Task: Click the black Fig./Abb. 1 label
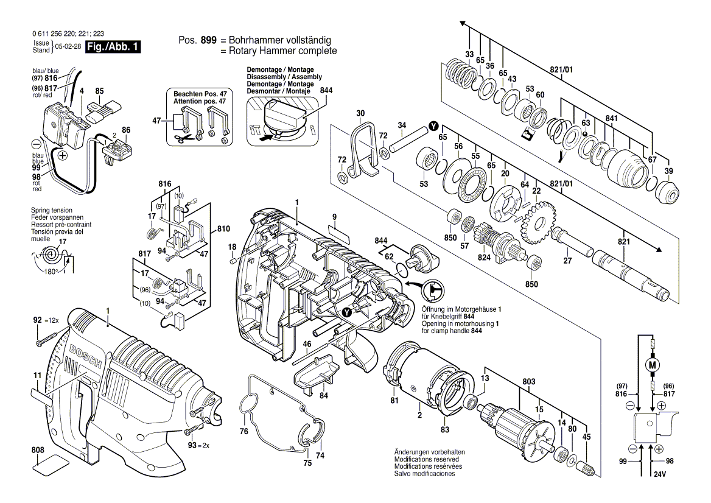click(114, 47)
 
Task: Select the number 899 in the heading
click(209, 40)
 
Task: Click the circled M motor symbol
click(653, 365)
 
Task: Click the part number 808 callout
click(38, 451)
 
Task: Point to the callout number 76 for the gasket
click(243, 432)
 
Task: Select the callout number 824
click(485, 258)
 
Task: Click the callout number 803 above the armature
click(529, 381)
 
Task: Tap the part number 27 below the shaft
click(567, 261)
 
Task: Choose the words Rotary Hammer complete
click(278, 51)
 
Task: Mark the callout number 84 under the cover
click(324, 395)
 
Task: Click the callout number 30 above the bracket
click(360, 113)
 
